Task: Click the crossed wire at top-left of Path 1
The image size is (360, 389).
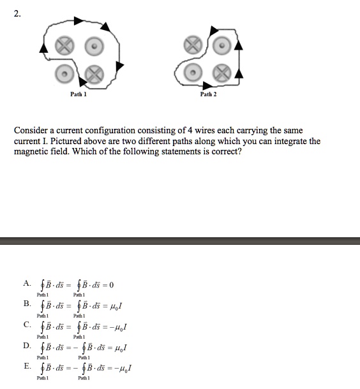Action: tap(63, 47)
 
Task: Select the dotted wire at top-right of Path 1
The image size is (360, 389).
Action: tap(93, 47)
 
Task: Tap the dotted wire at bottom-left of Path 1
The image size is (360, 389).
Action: tap(63, 73)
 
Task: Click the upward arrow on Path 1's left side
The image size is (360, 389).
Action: tap(43, 48)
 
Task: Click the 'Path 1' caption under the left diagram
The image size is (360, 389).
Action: tap(79, 94)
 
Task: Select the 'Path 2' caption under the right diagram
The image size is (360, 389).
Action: tap(208, 94)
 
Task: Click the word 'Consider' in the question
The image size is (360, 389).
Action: tap(32, 130)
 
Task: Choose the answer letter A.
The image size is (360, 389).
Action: tap(26, 283)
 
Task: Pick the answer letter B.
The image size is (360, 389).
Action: tap(26, 304)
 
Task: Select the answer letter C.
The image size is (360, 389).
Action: tap(26, 325)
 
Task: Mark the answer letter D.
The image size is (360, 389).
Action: tap(26, 345)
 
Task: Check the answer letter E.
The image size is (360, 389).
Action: tap(26, 366)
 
